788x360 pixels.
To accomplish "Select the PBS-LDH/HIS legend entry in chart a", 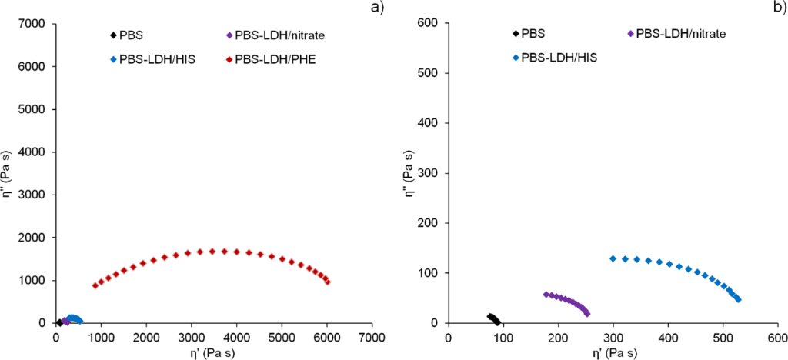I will pos(152,58).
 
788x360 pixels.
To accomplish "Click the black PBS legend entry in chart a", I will pos(131,35).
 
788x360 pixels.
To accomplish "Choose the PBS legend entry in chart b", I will pos(536,33).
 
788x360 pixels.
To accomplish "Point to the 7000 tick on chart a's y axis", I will pos(34,24).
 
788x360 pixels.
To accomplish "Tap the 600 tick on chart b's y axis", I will pos(428,24).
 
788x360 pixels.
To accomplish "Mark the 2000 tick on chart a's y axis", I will pos(34,238).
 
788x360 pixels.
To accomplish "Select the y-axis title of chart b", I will pos(410,174).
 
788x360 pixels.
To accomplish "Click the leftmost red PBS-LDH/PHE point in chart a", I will pos(95,285).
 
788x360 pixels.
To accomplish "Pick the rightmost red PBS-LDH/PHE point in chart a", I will pos(328,282).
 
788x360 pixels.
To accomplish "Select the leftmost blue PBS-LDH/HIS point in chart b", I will pos(613,258).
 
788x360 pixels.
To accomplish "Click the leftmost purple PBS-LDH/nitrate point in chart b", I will pos(546,294).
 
